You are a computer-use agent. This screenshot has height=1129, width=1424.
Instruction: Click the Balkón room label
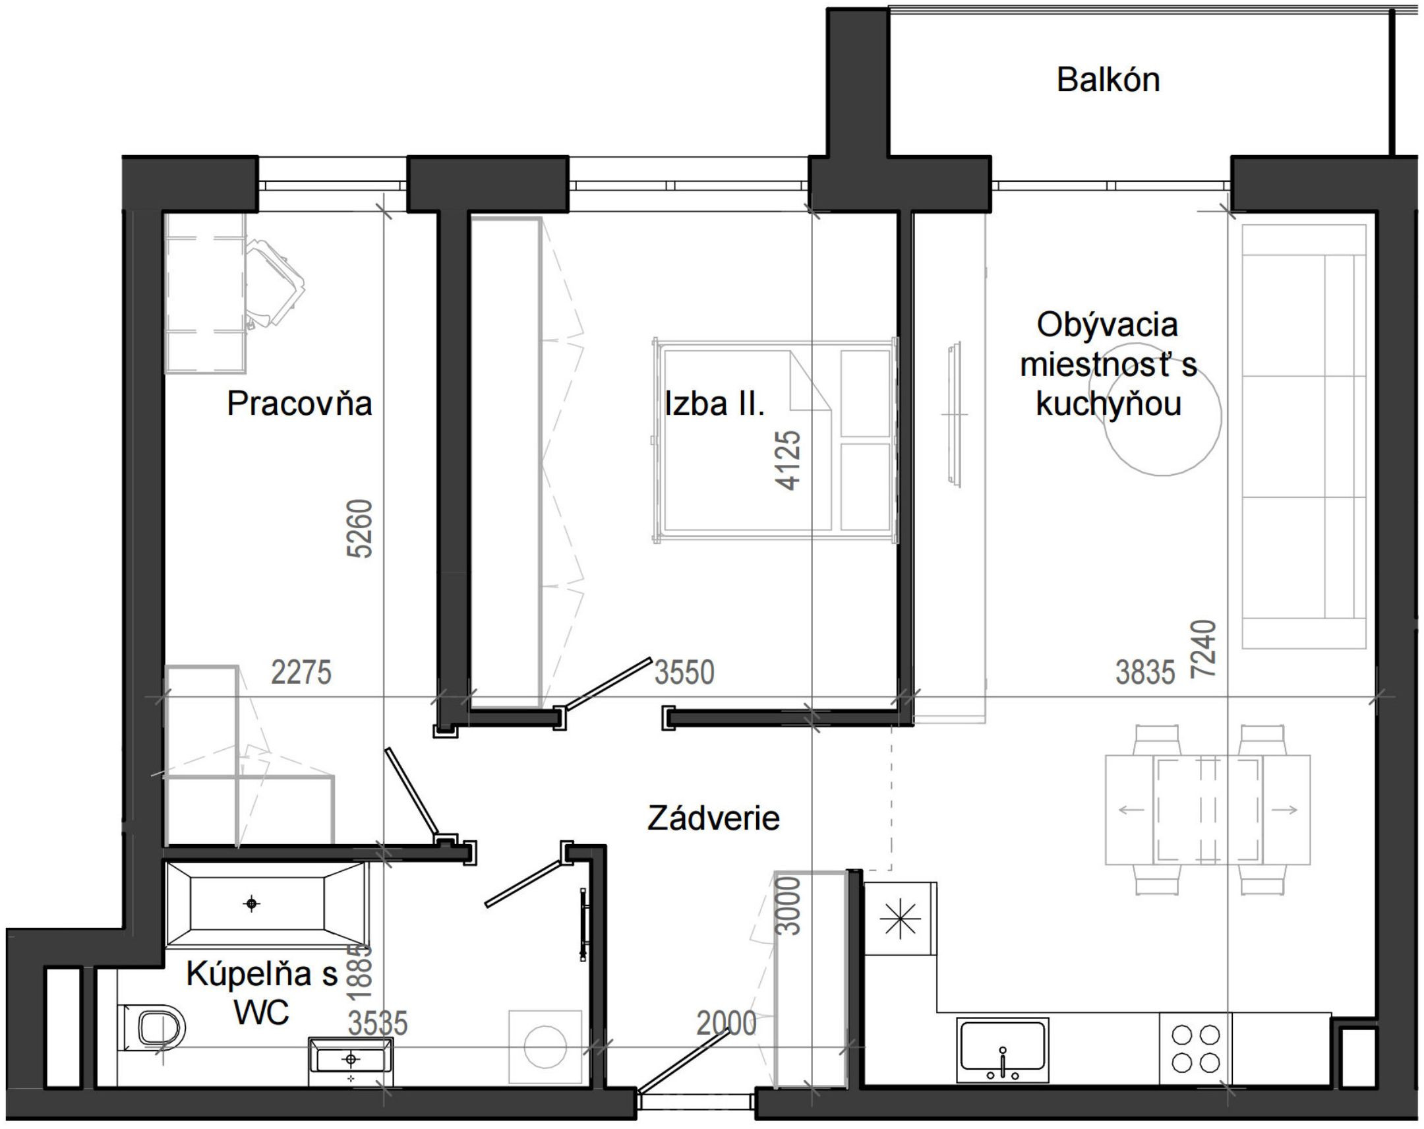coord(1108,80)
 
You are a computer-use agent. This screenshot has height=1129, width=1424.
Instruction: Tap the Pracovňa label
coord(299,403)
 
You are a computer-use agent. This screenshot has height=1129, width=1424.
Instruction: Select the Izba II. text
coord(714,404)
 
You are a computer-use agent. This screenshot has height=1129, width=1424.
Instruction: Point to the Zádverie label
coord(713,818)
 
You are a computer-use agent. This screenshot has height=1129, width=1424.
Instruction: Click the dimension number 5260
coord(361,528)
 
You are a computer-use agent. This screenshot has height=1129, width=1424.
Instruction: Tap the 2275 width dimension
coord(301,673)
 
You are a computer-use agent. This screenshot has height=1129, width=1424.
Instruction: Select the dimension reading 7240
coord(1202,648)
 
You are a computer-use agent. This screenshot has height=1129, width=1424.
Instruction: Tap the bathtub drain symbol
coord(251,903)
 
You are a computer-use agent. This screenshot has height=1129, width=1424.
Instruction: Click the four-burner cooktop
coord(1195,1049)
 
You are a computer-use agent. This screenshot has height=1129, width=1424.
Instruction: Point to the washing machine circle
coord(545,1047)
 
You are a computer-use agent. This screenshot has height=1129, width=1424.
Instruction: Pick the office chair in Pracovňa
coord(273,283)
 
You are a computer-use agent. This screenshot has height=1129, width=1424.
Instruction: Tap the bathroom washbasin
coord(351,1059)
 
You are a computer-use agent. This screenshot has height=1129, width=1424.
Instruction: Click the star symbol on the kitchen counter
coord(901,919)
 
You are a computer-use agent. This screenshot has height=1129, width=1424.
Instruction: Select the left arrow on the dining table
coord(1131,810)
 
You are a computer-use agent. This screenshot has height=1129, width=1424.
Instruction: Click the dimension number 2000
coord(727,1023)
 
